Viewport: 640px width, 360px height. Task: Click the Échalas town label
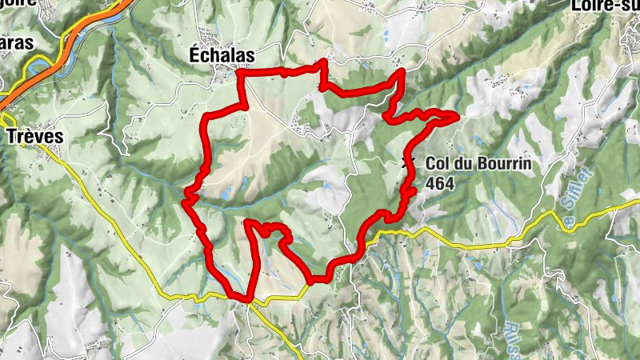[x=221, y=54]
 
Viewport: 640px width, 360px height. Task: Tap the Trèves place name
[x=34, y=136]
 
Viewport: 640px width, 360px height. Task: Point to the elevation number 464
[x=440, y=182]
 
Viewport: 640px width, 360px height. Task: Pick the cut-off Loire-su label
[x=606, y=6]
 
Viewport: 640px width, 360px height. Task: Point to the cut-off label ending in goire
[x=16, y=5]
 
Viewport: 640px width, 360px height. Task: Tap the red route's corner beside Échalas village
[x=241, y=74]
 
